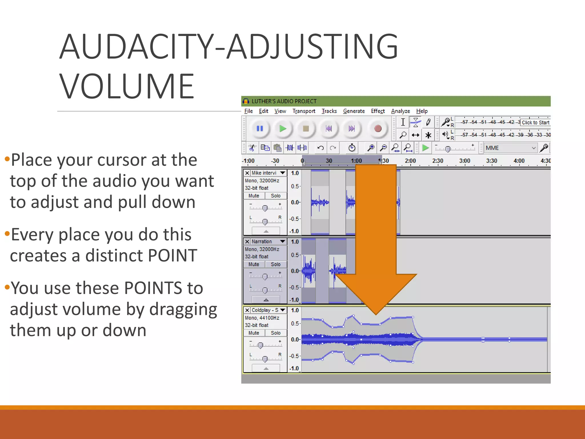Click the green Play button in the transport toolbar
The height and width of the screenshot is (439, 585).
click(283, 129)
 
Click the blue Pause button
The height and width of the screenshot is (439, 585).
click(260, 129)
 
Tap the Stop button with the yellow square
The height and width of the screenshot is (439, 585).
click(306, 129)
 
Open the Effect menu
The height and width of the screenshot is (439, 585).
click(378, 111)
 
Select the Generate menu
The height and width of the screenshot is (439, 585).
click(354, 111)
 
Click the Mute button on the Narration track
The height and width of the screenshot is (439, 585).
click(254, 264)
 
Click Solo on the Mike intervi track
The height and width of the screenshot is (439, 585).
click(276, 196)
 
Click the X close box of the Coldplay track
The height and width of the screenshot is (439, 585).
click(247, 310)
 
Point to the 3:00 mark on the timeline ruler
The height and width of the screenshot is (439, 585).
click(464, 161)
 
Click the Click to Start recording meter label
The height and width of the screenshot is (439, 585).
click(535, 123)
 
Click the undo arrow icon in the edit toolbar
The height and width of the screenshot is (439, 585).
click(320, 148)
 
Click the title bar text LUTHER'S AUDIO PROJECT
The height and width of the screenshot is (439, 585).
click(284, 101)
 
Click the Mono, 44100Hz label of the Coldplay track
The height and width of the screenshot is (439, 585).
click(262, 318)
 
